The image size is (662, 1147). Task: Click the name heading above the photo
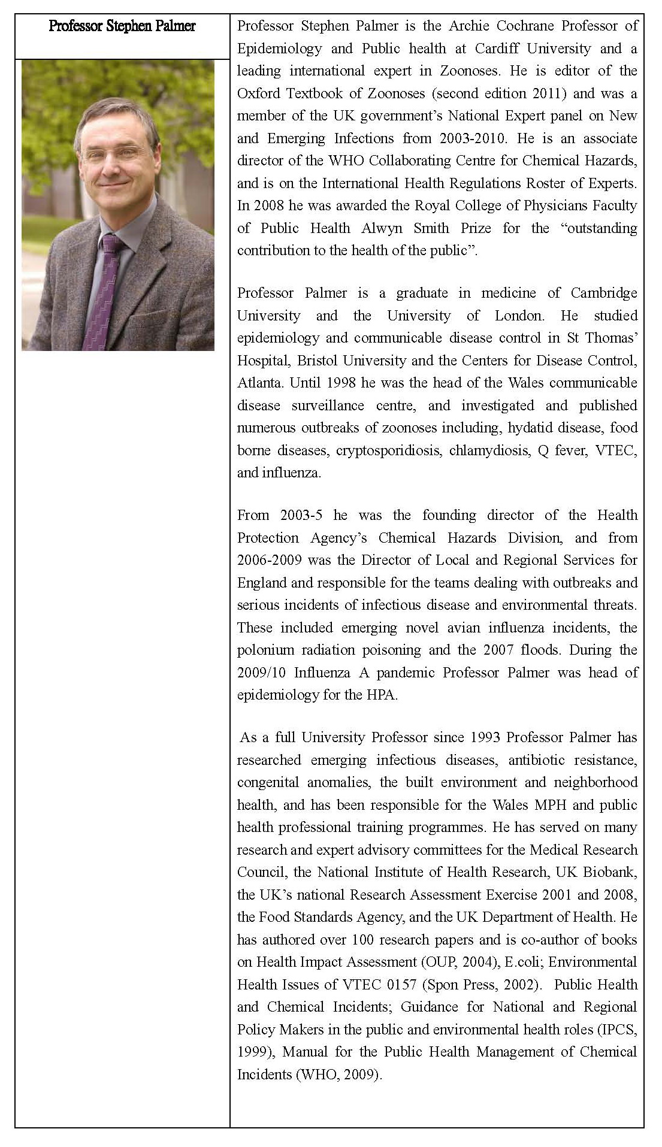pyautogui.click(x=122, y=26)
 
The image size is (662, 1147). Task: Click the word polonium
pyautogui.click(x=265, y=650)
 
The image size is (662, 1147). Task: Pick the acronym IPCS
pyautogui.click(x=616, y=1030)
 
